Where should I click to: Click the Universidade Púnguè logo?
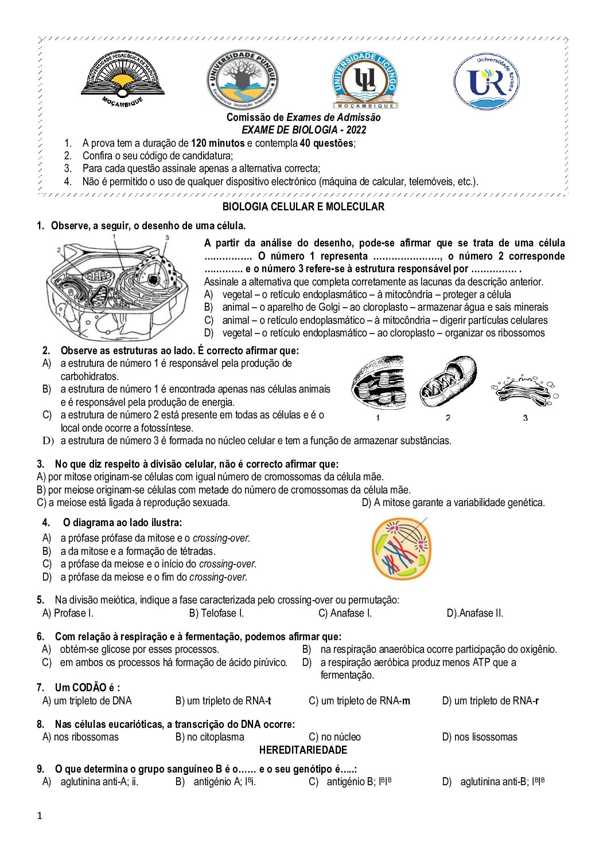(x=242, y=79)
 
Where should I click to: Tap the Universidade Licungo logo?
(x=365, y=80)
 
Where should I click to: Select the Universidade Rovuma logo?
(x=486, y=81)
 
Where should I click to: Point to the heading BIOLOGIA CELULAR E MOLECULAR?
(x=303, y=207)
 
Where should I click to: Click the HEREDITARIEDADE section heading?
(x=303, y=750)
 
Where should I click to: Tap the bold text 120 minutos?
(x=217, y=143)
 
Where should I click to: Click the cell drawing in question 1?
(x=118, y=287)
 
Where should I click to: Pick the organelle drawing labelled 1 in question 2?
(x=378, y=383)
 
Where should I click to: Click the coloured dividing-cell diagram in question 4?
(x=401, y=549)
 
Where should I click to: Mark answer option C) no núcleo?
(x=334, y=737)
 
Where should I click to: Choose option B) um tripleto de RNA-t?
(x=223, y=701)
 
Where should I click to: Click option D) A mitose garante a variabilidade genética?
(x=453, y=503)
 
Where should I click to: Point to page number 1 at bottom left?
(x=40, y=816)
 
